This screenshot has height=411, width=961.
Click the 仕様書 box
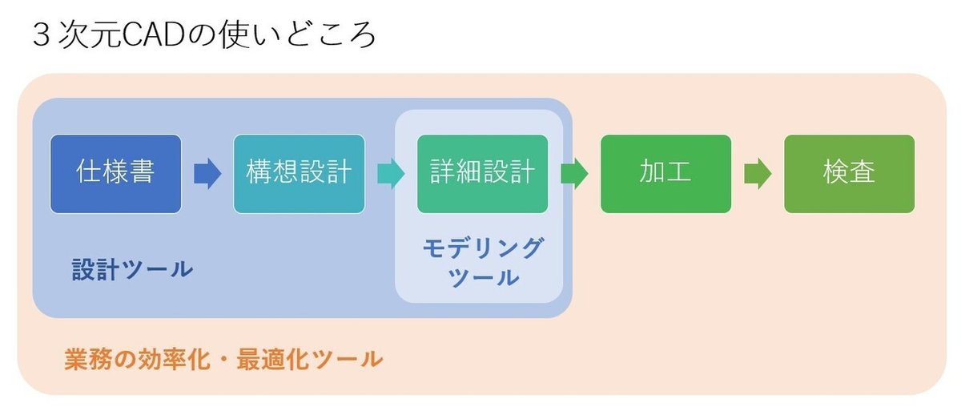115,174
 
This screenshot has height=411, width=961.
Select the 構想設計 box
299,174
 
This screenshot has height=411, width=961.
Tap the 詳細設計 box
482,174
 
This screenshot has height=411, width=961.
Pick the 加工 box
665,174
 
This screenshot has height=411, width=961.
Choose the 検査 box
849,174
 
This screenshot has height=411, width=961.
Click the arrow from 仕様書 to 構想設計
207,174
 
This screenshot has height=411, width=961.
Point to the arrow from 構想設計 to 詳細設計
391,174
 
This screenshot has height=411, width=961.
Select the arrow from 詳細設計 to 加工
574,174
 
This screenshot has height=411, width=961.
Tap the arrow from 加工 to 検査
758,174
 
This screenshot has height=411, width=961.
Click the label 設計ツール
132,270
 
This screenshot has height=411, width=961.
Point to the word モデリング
482,248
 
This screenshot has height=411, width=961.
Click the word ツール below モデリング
482,278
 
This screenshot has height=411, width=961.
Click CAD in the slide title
154,36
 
